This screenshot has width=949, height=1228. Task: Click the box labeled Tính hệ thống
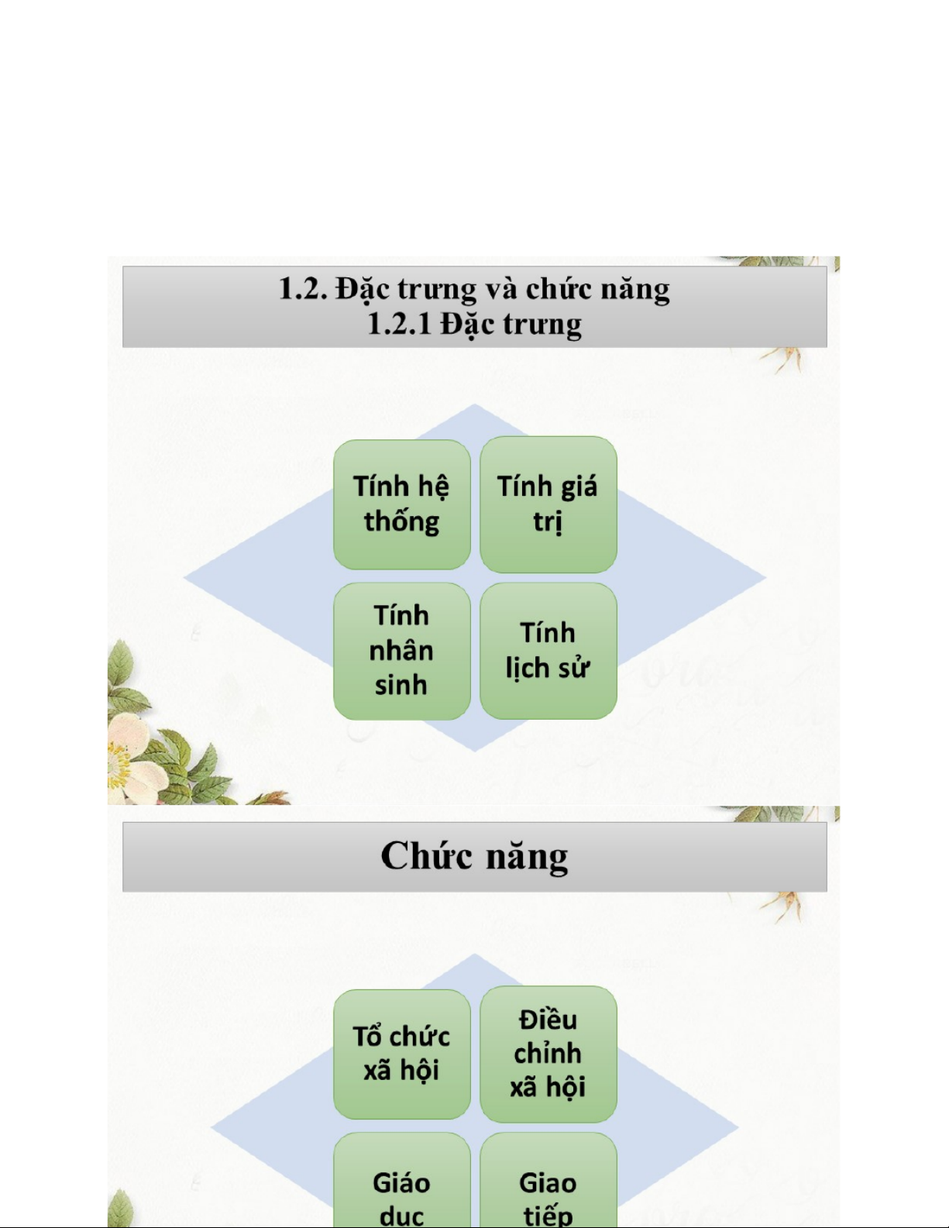[401, 504]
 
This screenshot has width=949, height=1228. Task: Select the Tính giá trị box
[548, 504]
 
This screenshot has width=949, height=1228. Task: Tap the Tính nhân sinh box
[401, 651]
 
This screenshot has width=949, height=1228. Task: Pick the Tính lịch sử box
[548, 651]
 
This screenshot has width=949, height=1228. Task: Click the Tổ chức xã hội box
[401, 1054]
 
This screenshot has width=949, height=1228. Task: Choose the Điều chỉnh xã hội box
[548, 1054]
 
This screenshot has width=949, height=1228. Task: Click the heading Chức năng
[474, 857]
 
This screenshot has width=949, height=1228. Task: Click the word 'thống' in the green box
[401, 522]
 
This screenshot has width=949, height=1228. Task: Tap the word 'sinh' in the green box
[401, 686]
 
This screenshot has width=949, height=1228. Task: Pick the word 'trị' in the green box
[548, 522]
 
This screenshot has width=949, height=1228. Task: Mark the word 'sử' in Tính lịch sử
[574, 667]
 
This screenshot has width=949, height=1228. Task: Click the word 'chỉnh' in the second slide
[548, 1054]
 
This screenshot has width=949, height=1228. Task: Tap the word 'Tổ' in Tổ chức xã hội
[367, 1037]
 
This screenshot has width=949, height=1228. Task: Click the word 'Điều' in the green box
[548, 1020]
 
